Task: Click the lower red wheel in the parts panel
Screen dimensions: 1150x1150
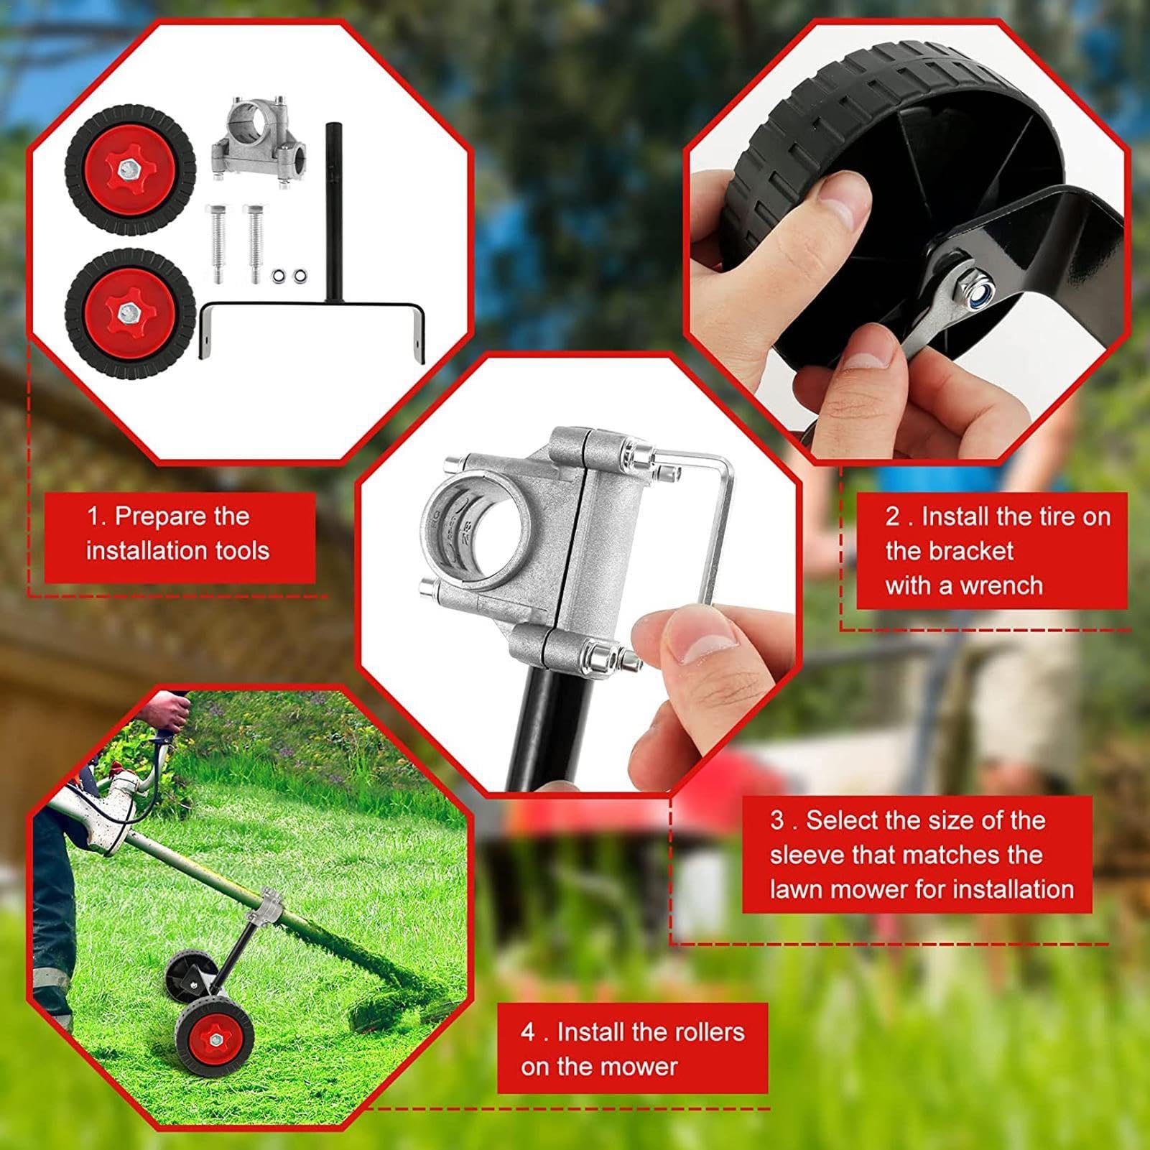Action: [130, 312]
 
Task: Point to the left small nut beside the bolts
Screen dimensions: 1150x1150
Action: [278, 276]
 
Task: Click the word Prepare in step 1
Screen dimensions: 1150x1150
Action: [182, 516]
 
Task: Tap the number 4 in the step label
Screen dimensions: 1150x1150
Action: [528, 1032]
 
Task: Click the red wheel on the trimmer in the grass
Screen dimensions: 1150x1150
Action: [213, 1037]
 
